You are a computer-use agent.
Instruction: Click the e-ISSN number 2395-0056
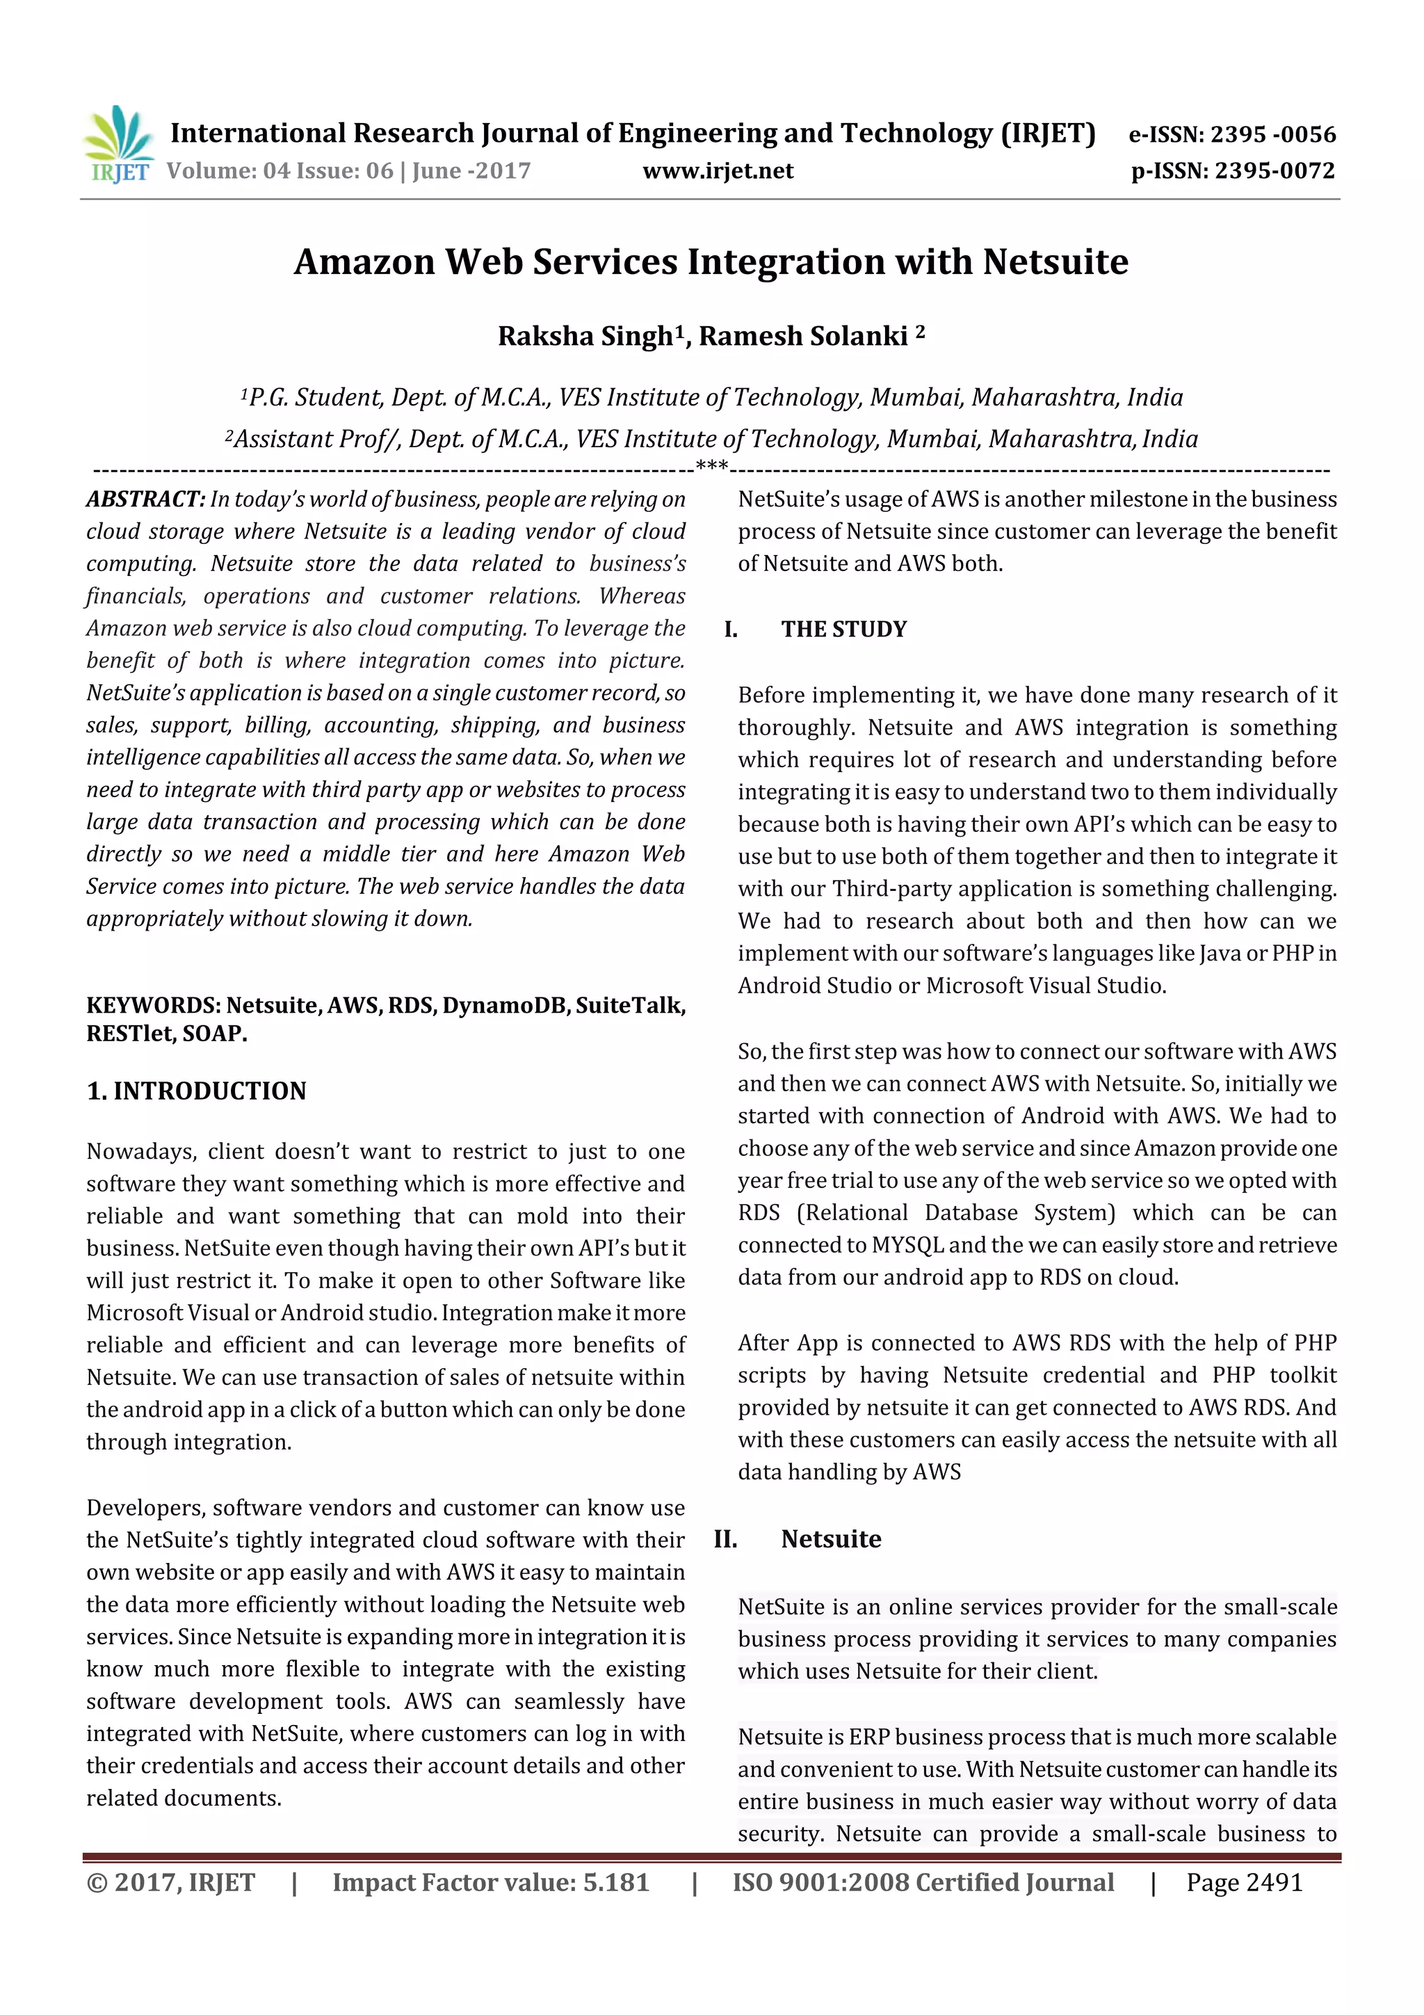pos(1272,134)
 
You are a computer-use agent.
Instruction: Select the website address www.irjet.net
pos(718,171)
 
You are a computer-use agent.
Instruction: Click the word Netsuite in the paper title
pos(1055,262)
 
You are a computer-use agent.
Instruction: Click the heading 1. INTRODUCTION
pos(197,1091)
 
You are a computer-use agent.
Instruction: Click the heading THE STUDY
pos(844,629)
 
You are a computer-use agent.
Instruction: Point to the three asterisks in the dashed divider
pos(711,466)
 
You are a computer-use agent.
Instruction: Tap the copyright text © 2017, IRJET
pos(171,1882)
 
